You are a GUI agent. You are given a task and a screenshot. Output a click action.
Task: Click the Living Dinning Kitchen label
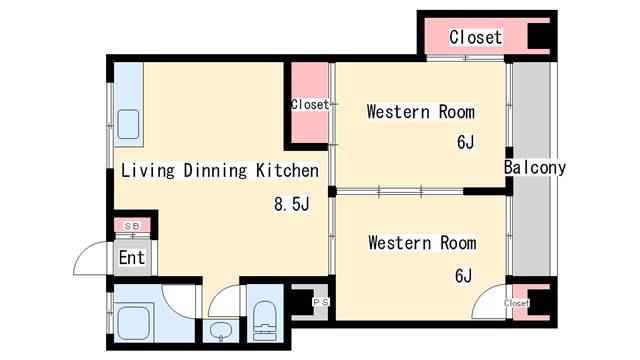220,171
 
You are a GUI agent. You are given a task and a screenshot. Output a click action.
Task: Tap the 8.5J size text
292,204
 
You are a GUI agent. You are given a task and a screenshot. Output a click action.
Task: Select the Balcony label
535,168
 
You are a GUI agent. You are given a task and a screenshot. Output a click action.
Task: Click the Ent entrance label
132,258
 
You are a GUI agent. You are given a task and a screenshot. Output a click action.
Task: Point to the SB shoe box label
132,226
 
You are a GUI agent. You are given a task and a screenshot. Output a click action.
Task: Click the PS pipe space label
320,302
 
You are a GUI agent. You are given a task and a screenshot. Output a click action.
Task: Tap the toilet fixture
264,320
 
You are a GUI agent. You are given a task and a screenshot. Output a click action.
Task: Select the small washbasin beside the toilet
221,330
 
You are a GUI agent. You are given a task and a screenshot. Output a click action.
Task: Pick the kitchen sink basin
128,125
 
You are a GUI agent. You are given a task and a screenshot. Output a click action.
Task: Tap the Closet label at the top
476,37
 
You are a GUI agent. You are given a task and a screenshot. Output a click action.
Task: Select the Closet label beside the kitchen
310,104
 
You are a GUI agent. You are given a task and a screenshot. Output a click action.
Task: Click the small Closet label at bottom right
516,303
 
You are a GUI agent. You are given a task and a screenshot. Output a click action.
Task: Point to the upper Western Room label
421,112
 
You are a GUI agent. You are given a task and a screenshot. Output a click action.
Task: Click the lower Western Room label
422,243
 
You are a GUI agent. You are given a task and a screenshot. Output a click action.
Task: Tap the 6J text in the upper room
465,142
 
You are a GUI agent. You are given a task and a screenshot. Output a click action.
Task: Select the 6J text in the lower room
464,276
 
